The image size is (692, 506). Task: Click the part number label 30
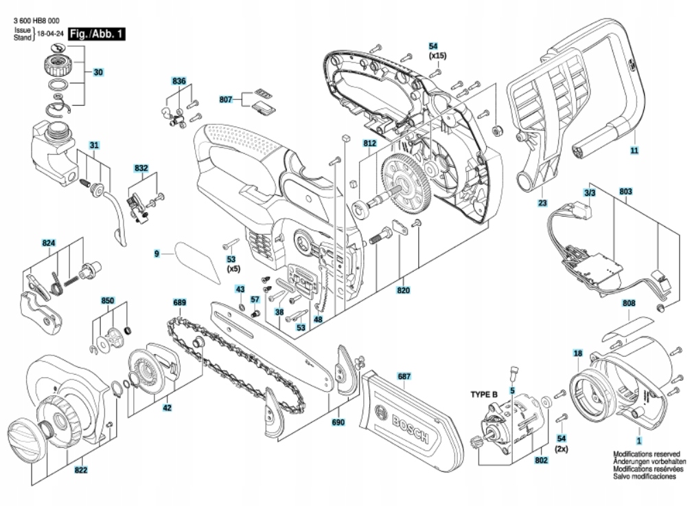[x=98, y=71]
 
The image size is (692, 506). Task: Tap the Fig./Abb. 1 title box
[x=91, y=32]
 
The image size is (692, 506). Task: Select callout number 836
[x=179, y=81]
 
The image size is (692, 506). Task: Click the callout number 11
[x=634, y=150]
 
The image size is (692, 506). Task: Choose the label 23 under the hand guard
[x=542, y=203]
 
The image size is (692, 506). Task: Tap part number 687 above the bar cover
[x=404, y=376]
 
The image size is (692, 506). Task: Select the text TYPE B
[x=485, y=395]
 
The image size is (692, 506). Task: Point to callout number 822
[x=80, y=470]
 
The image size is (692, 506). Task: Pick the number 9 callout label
[x=157, y=254]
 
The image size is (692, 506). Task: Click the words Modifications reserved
[x=646, y=454]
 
